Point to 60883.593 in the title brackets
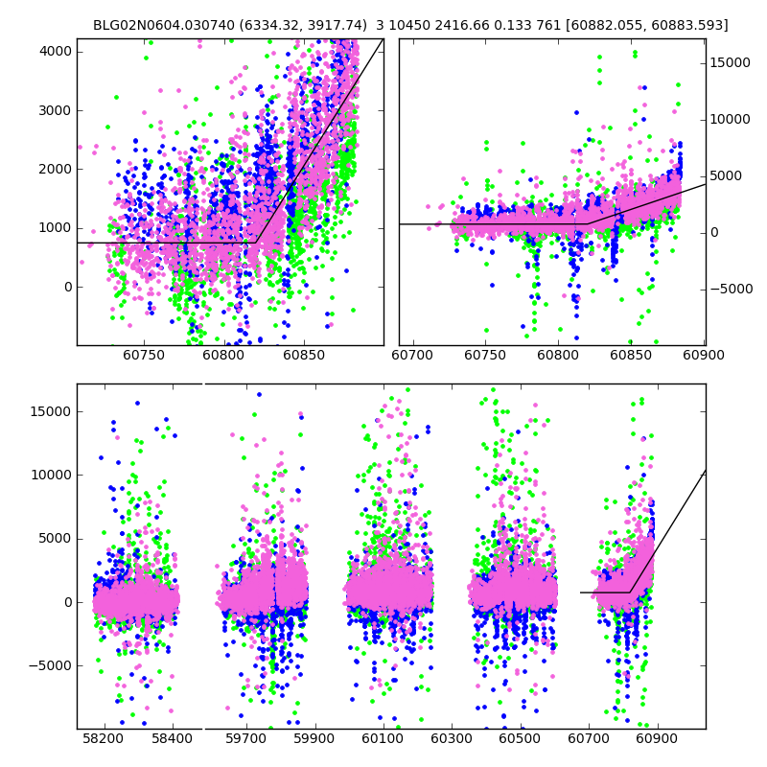click(688, 26)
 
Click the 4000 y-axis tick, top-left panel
click(53, 51)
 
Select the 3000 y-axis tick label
click(53, 110)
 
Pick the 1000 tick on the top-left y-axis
click(53, 228)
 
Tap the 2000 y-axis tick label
click(53, 169)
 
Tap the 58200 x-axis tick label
click(103, 740)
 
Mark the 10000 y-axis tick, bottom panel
click(50, 475)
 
